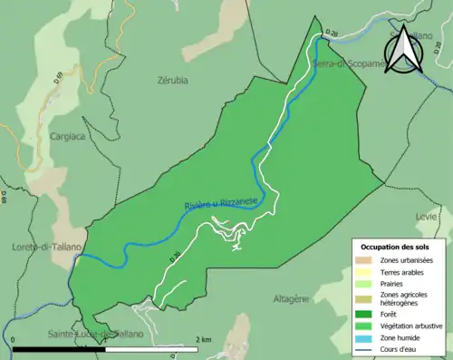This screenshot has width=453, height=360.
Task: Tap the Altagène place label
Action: pyautogui.click(x=291, y=297)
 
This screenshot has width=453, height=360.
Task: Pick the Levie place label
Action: pyautogui.click(x=426, y=218)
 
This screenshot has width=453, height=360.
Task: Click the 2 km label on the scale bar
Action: pyautogui.click(x=204, y=340)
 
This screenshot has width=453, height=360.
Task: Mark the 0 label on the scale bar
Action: pyautogui.click(x=14, y=340)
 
